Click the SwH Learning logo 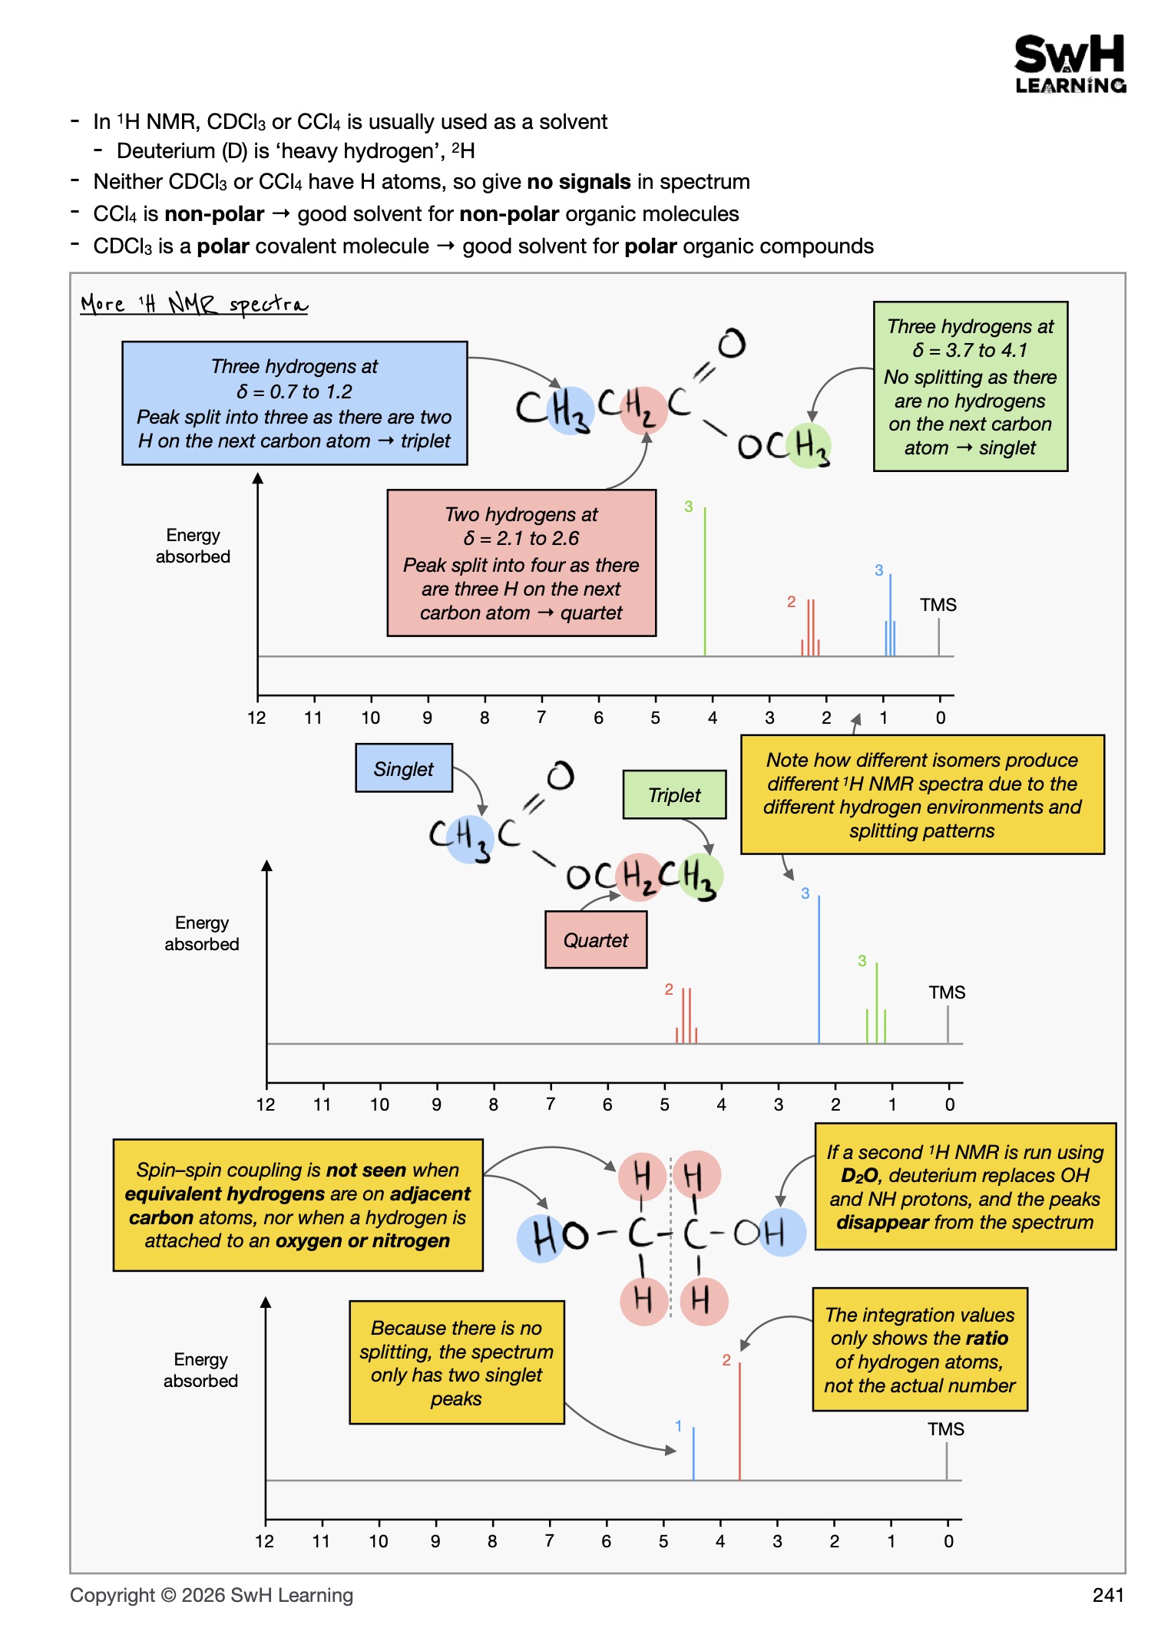[x=1070, y=64]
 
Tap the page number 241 [x=1108, y=1595]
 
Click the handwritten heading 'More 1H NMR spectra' [x=194, y=305]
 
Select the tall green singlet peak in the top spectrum [x=705, y=581]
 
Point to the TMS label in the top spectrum [x=938, y=605]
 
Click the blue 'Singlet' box [x=404, y=768]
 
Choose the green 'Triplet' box [x=674, y=794]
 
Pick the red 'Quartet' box [x=596, y=939]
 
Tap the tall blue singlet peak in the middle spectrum [x=819, y=969]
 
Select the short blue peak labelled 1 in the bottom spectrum [x=693, y=1454]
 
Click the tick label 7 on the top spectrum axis [x=541, y=718]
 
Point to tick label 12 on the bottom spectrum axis [x=265, y=1541]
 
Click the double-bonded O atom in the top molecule [x=732, y=343]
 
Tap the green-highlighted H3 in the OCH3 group [x=811, y=446]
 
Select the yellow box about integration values [x=920, y=1349]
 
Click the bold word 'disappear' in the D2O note [x=882, y=1222]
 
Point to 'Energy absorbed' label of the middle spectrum [x=202, y=933]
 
